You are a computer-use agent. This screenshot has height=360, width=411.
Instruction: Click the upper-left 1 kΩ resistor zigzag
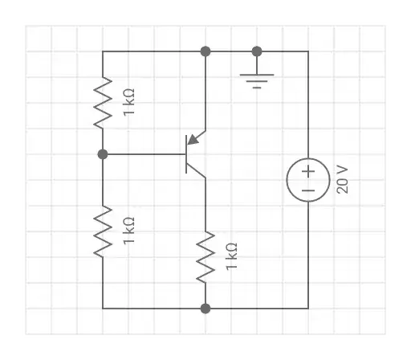click(103, 102)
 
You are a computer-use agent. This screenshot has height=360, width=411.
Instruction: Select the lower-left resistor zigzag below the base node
click(103, 231)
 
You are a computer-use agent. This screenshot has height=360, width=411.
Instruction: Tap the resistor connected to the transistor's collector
click(205, 257)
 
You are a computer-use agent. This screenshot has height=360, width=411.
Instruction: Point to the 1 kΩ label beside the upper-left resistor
click(128, 102)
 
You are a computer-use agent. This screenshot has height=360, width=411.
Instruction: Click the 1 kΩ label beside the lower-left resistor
click(128, 231)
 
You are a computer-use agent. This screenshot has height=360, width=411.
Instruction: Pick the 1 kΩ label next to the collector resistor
click(231, 257)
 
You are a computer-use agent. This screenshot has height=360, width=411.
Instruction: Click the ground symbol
click(257, 79)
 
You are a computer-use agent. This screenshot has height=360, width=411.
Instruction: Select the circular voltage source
click(307, 180)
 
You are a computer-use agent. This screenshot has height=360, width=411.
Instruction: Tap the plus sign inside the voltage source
click(307, 170)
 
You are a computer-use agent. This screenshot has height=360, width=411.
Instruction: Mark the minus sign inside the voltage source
click(307, 191)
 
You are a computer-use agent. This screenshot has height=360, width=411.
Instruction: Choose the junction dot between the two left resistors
click(103, 153)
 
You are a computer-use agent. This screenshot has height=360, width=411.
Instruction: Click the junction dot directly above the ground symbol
click(257, 51)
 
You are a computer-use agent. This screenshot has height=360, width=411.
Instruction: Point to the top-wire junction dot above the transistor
click(205, 51)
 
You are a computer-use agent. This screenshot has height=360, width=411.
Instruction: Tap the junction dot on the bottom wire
click(205, 308)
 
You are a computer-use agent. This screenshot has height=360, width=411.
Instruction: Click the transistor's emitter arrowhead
click(193, 140)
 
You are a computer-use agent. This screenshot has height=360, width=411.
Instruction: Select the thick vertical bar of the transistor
click(186, 153)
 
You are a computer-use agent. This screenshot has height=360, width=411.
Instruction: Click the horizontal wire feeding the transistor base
click(144, 153)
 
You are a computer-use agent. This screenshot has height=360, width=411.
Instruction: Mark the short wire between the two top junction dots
click(231, 51)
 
